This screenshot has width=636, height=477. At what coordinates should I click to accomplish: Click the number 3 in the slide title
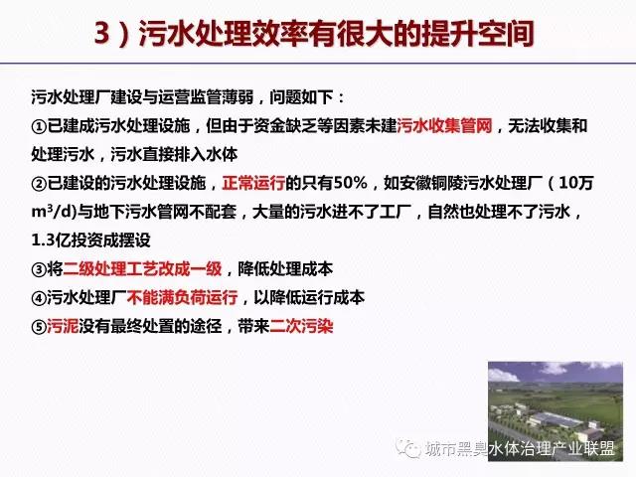pyautogui.click(x=101, y=33)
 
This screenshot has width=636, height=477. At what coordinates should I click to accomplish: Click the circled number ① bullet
pyautogui.click(x=40, y=127)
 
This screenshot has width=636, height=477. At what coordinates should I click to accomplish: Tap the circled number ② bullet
pyautogui.click(x=40, y=184)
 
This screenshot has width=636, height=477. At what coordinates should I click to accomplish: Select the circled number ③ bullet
pyautogui.click(x=40, y=269)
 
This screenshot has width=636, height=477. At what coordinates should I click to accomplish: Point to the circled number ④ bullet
pyautogui.click(x=40, y=298)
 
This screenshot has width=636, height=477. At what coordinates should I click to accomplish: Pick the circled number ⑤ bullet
pyautogui.click(x=40, y=327)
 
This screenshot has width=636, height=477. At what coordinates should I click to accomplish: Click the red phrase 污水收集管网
pyautogui.click(x=444, y=126)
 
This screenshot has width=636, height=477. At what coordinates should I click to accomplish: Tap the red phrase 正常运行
pyautogui.click(x=253, y=183)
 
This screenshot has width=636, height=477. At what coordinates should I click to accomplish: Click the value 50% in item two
pyautogui.click(x=350, y=183)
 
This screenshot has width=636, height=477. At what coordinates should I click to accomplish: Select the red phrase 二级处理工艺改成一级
pyautogui.click(x=142, y=269)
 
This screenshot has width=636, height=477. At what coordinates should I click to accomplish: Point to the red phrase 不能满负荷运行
pyautogui.click(x=183, y=298)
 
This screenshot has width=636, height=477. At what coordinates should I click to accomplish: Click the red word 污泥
pyautogui.click(x=63, y=326)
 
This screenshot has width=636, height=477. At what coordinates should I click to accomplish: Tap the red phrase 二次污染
pyautogui.click(x=301, y=326)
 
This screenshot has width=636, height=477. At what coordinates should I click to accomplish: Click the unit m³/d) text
pyautogui.click(x=54, y=212)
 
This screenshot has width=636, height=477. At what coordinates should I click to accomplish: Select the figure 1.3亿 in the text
pyautogui.click(x=47, y=240)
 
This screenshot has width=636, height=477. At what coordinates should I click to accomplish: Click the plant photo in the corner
pyautogui.click(x=556, y=411)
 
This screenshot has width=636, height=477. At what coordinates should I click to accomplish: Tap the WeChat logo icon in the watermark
pyautogui.click(x=408, y=448)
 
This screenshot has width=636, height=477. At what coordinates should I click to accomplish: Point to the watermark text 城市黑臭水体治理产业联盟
pyautogui.click(x=520, y=448)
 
